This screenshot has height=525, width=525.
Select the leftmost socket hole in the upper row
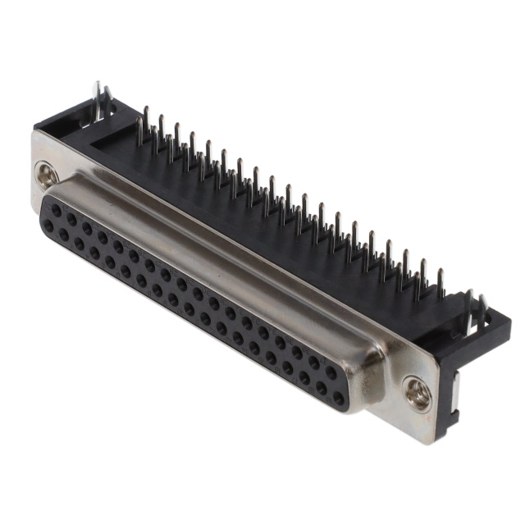[56, 210]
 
